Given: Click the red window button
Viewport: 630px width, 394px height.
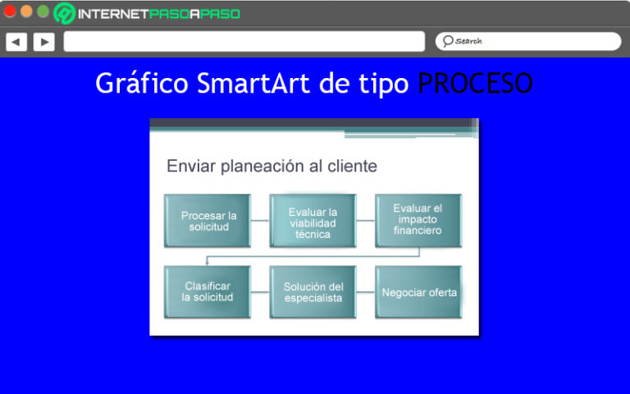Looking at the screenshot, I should pyautogui.click(x=10, y=11).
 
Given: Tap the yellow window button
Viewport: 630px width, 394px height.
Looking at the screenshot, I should pyautogui.click(x=26, y=11).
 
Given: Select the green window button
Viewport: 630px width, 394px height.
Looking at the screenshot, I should pyautogui.click(x=43, y=11).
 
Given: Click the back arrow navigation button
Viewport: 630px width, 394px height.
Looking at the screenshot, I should pyautogui.click(x=16, y=41).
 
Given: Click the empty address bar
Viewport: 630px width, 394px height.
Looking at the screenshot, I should pyautogui.click(x=244, y=41).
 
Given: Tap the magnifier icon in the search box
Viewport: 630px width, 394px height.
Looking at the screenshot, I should pyautogui.click(x=448, y=41).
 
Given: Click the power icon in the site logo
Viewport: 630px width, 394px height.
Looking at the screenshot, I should pyautogui.click(x=65, y=13).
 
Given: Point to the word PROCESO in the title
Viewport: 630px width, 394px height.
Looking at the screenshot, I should pyautogui.click(x=475, y=83).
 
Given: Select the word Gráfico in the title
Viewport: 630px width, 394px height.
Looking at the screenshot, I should pyautogui.click(x=142, y=83).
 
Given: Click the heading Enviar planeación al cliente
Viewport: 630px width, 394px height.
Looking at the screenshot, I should pyautogui.click(x=272, y=166).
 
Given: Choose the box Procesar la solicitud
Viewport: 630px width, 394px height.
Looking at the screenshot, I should pyautogui.click(x=208, y=221).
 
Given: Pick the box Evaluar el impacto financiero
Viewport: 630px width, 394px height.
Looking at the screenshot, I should pyautogui.click(x=418, y=220).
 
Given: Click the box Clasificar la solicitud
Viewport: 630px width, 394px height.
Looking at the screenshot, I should pyautogui.click(x=208, y=291).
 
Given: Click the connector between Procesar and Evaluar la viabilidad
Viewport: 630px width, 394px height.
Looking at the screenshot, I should pyautogui.click(x=260, y=221).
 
